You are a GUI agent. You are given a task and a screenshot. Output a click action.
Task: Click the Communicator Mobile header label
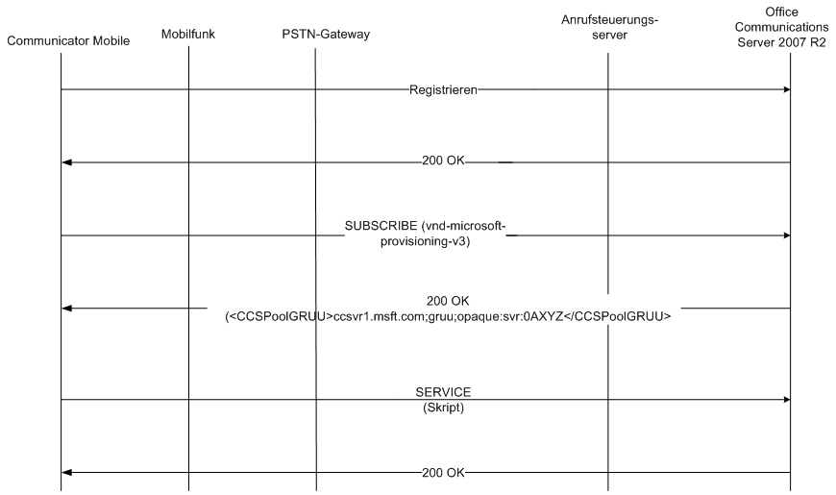(68, 41)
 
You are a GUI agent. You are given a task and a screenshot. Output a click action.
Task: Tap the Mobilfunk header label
(188, 35)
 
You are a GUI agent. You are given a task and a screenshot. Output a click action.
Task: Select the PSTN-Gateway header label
(326, 35)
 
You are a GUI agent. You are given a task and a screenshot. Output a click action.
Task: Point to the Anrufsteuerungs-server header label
(609, 27)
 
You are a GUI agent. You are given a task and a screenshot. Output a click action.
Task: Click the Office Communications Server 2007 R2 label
(781, 27)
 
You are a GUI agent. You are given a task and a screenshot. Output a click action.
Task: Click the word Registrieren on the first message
(443, 90)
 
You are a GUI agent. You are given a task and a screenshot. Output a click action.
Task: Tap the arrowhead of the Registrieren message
(786, 89)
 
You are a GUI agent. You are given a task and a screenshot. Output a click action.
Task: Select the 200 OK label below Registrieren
(443, 161)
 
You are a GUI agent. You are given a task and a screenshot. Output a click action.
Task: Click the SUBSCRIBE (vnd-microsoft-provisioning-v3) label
(425, 234)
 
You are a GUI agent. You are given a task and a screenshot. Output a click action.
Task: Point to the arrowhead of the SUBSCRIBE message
(786, 235)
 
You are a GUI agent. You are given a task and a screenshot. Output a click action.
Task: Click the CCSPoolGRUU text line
(448, 316)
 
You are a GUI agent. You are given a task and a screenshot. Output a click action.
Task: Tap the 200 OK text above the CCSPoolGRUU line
(448, 301)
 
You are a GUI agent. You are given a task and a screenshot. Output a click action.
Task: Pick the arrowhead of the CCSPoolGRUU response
(66, 309)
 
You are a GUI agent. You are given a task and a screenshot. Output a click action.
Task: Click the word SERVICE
(443, 392)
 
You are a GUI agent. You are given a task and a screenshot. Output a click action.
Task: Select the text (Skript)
(443, 408)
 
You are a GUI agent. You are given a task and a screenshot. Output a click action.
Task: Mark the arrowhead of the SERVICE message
(786, 400)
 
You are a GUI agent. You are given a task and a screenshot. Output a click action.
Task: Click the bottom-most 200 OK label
(443, 473)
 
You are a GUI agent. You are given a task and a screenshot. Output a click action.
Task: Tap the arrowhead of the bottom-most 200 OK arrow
(66, 473)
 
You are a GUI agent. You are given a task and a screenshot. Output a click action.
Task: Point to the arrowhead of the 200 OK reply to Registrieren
(66, 162)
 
